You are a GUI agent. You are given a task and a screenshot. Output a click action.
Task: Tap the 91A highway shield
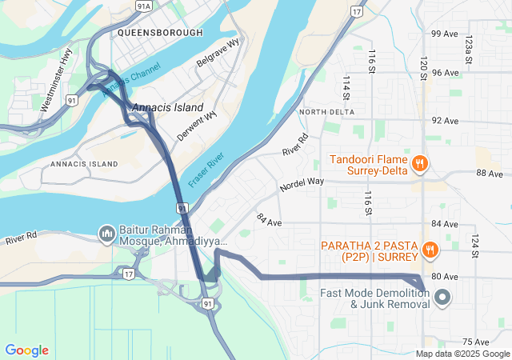click(143, 6)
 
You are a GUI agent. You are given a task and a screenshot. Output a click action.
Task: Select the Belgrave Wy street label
click(218, 54)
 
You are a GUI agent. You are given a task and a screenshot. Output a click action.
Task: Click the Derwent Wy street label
click(198, 126)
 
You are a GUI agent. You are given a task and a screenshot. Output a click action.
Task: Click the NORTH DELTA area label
click(326, 112)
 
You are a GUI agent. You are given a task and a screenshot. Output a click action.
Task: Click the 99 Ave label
click(445, 34)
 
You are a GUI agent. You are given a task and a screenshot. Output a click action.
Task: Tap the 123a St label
click(470, 50)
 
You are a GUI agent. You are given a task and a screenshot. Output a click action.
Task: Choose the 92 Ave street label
click(445, 121)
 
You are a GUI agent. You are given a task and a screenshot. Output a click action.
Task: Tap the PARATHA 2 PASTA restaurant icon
click(430, 249)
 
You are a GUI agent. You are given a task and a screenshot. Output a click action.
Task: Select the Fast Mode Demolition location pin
click(442, 299)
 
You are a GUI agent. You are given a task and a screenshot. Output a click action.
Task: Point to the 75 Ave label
click(475, 342)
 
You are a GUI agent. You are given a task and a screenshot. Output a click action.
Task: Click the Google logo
click(26, 350)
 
